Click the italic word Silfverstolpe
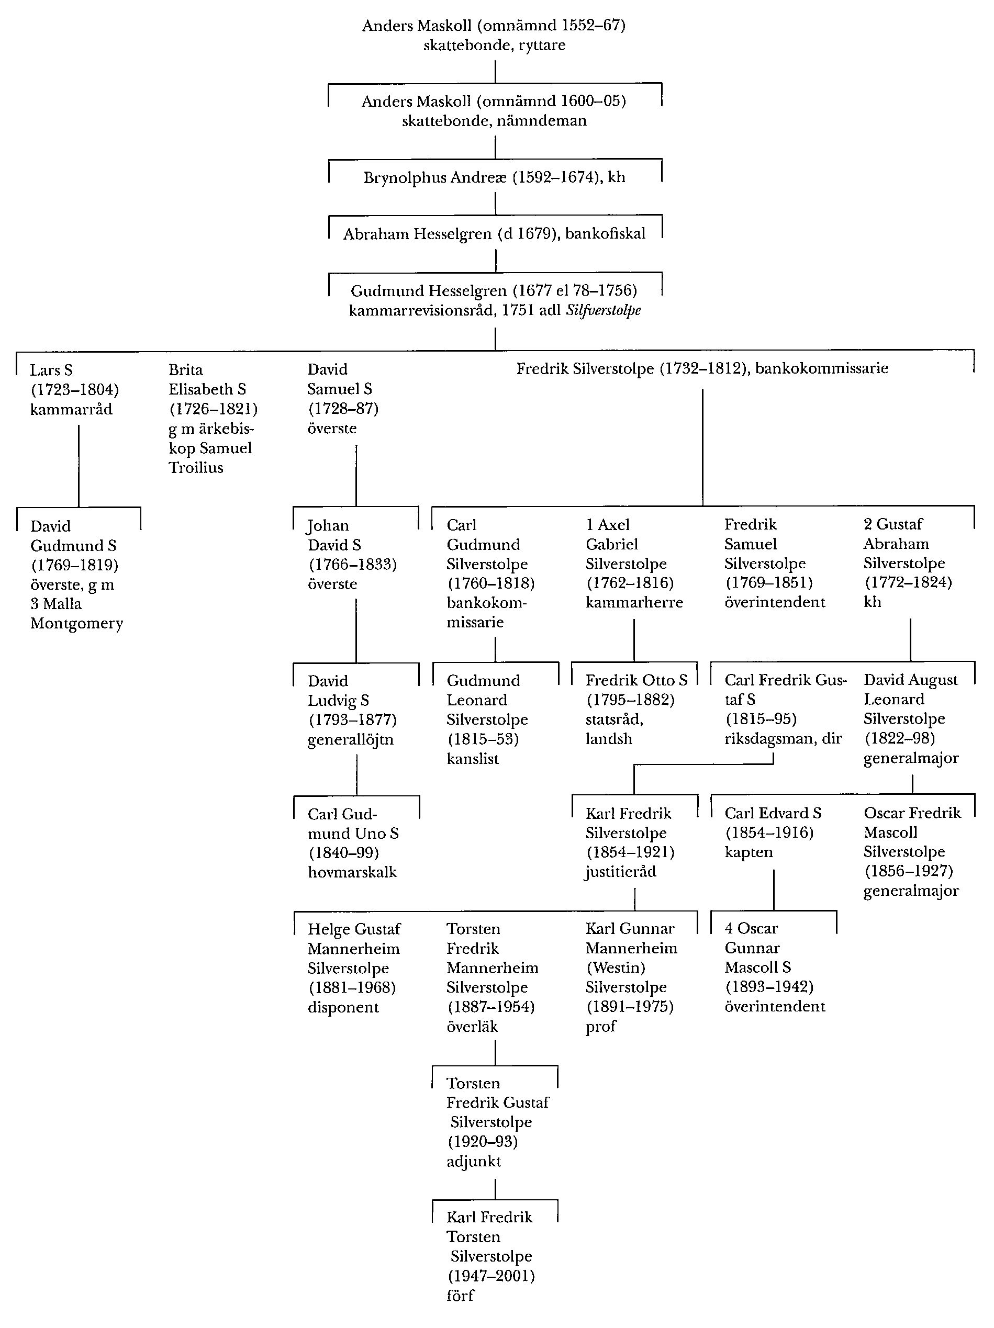click(x=603, y=310)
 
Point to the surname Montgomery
click(x=76, y=623)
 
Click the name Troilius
click(x=196, y=468)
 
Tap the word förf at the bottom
click(x=460, y=1295)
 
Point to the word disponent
click(x=343, y=1007)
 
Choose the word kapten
click(x=749, y=852)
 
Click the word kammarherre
click(x=634, y=602)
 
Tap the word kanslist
click(x=473, y=758)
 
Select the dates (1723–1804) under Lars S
click(x=74, y=390)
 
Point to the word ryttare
click(x=542, y=45)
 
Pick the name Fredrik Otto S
click(x=636, y=680)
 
